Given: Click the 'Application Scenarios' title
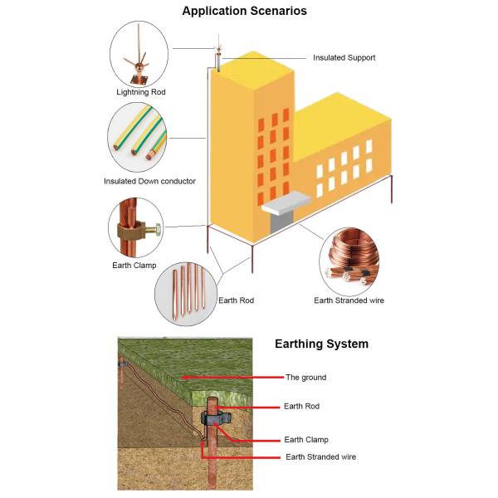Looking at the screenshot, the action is tap(244, 12).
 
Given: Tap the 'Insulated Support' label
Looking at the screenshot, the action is tap(344, 58).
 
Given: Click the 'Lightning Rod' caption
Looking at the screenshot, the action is tap(141, 92).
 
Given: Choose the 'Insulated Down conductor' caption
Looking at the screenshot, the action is tap(150, 181).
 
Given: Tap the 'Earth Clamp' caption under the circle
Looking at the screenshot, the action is tap(134, 266).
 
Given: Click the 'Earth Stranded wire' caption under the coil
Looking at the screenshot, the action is tap(349, 300).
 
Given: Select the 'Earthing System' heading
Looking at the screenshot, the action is tap(321, 344).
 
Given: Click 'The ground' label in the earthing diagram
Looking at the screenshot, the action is tap(305, 377).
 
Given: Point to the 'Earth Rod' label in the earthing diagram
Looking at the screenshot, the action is tap(301, 406).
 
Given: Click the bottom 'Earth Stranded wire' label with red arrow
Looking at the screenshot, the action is tap(322, 456).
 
